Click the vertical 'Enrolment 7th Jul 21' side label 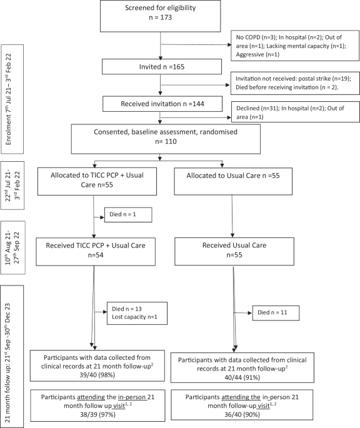[x=13, y=99]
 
